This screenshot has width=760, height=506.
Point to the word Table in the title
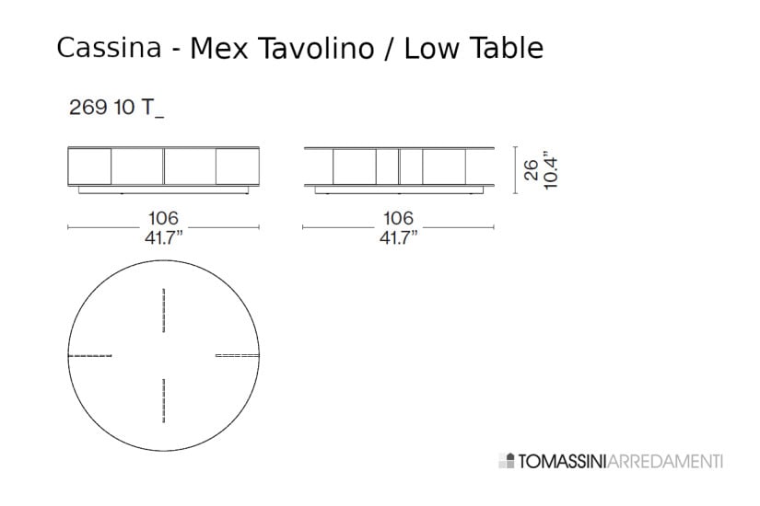point(506,48)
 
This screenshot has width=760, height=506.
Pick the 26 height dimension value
point(532,170)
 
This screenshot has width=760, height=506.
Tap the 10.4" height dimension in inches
point(552,170)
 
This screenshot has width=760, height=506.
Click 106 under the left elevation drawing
point(163,218)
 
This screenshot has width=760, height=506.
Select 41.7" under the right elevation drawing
point(398,237)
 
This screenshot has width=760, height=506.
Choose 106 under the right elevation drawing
point(398,218)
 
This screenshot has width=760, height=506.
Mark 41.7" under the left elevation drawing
point(163,237)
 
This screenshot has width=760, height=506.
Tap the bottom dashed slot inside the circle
point(164,400)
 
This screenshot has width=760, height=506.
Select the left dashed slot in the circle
point(90,355)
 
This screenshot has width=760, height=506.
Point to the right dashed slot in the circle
point(238,355)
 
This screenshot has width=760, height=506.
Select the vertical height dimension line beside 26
point(513,169)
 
